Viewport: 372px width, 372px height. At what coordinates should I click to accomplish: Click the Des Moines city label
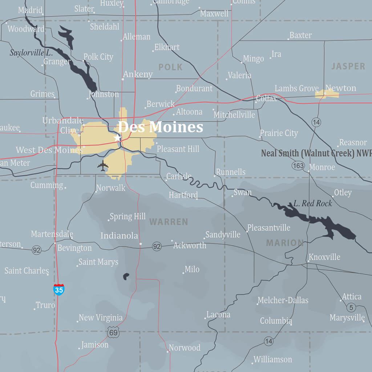pos(160,127)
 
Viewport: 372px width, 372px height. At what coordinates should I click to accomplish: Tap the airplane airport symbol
pos(103,166)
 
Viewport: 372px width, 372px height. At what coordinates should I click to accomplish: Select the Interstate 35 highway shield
pos(58,290)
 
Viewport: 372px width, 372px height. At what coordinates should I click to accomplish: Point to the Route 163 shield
pos(298,166)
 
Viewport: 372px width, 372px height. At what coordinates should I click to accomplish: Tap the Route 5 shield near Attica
pos(351,308)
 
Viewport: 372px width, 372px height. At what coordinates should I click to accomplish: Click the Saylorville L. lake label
pos(31,53)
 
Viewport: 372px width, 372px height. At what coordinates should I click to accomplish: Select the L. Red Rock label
pos(312,203)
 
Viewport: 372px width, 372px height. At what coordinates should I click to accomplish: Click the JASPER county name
pos(348,66)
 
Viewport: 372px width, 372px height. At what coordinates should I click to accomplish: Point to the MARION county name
pos(285,243)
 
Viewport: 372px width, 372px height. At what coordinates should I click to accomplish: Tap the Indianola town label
pos(119,236)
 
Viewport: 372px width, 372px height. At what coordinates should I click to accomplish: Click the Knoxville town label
pos(324,257)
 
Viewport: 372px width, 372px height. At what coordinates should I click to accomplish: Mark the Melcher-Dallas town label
pos(283,300)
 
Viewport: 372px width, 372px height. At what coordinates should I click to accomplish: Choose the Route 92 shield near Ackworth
pos(157,246)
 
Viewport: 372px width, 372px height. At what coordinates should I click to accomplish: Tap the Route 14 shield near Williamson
pos(268,341)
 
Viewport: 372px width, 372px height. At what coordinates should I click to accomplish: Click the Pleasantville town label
pos(269,228)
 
